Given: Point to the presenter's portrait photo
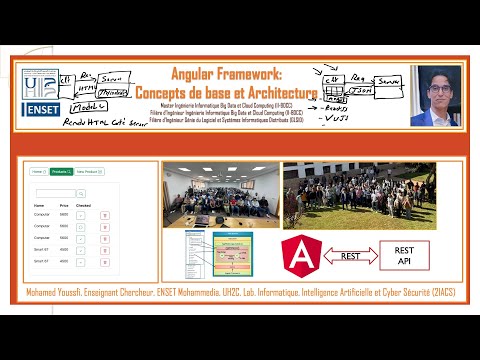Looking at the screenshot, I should tap(435, 96).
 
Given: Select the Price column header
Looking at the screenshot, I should tap(66, 204).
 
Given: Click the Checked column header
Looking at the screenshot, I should tap(84, 204).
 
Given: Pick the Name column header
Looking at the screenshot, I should tap(39, 204).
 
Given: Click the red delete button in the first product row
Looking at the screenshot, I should tap(105, 215).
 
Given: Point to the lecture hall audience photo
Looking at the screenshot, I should tap(219, 194).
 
